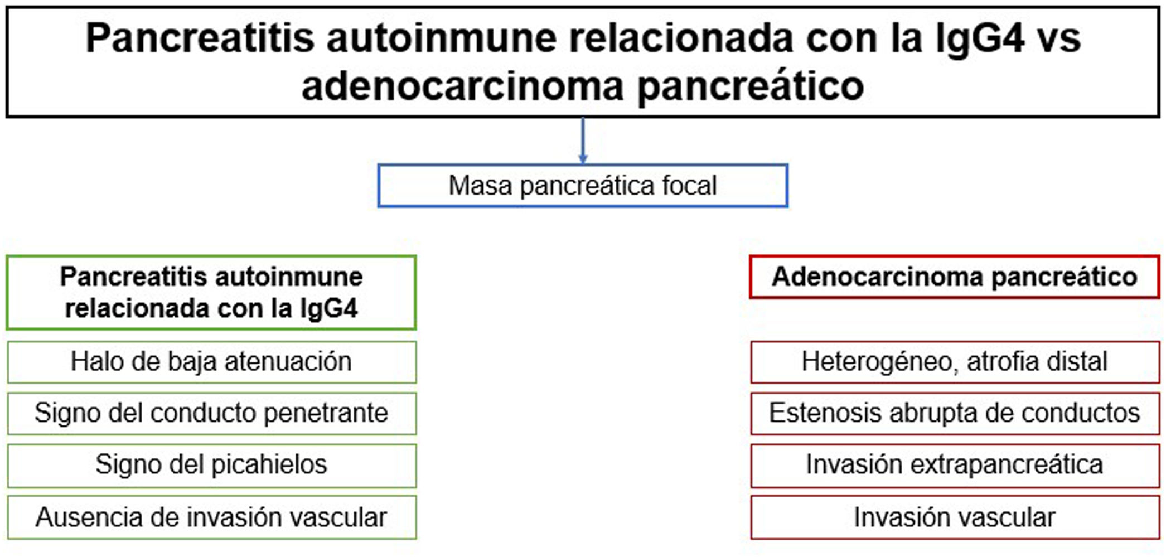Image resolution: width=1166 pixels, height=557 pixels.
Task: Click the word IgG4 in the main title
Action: pyautogui.click(x=980, y=39)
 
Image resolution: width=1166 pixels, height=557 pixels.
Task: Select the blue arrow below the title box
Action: pyautogui.click(x=583, y=141)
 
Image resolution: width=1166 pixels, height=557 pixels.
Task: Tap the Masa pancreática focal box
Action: pyautogui.click(x=583, y=186)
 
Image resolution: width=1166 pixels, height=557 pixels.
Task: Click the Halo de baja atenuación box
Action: pyautogui.click(x=211, y=362)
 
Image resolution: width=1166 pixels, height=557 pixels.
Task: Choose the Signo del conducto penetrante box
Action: pyautogui.click(x=211, y=414)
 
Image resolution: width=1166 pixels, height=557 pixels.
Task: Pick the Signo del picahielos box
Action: pyautogui.click(x=211, y=465)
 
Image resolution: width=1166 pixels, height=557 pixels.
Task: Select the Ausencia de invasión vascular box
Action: pyautogui.click(x=211, y=517)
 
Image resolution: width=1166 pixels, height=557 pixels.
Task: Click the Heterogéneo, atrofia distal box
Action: pyautogui.click(x=955, y=362)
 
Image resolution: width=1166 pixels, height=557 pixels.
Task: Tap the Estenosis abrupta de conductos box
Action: pyautogui.click(x=955, y=414)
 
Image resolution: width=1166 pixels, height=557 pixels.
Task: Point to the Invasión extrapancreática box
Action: pyautogui.click(x=955, y=465)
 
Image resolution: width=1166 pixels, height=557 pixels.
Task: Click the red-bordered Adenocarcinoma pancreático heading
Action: pyautogui.click(x=955, y=277)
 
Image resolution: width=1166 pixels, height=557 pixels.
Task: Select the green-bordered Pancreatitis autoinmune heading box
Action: pyautogui.click(x=211, y=293)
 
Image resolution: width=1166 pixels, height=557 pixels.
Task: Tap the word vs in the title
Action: pyautogui.click(x=1061, y=39)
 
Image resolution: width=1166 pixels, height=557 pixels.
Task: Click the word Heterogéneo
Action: pyautogui.click(x=880, y=362)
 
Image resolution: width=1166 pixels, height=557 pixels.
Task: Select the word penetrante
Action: pyautogui.click(x=326, y=414)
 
